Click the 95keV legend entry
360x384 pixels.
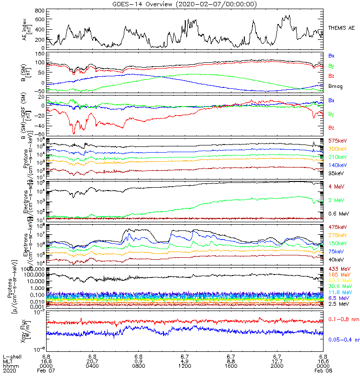[x=336, y=173]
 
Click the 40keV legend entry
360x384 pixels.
[x=336, y=260]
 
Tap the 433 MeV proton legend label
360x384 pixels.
[x=338, y=269]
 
